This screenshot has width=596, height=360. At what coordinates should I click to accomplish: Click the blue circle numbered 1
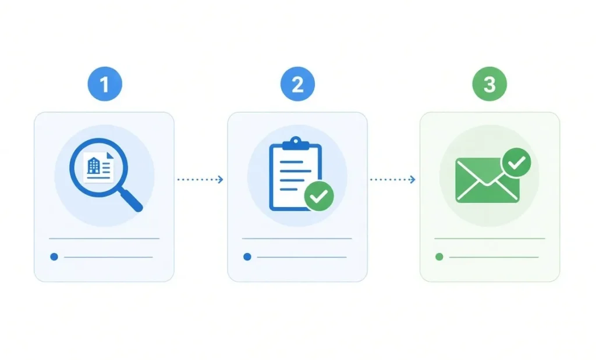105,84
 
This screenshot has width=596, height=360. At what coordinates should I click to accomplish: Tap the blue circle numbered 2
297,84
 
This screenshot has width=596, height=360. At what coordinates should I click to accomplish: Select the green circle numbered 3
489,84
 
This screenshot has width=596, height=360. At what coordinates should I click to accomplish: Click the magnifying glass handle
131,199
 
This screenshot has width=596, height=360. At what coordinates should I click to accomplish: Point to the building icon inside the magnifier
93,166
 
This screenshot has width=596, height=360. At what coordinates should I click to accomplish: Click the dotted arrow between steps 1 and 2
200,180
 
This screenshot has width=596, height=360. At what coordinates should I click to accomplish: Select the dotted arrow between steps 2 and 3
393,180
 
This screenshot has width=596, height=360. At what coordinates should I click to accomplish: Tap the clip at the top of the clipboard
296,143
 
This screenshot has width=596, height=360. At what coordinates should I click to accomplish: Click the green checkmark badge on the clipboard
320,196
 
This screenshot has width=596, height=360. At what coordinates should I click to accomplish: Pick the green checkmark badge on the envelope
517,162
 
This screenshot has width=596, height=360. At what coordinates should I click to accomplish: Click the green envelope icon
487,180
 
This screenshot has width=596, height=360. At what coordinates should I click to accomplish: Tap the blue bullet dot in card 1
54,256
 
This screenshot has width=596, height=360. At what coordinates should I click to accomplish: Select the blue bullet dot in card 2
247,256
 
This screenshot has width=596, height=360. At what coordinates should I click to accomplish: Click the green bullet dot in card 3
439,256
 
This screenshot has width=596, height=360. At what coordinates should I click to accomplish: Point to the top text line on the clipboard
292,162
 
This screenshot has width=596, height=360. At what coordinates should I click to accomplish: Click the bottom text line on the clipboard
289,189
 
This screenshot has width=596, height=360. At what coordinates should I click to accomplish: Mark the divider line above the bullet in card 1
104,238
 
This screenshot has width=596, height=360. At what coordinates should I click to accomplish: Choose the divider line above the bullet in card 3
489,238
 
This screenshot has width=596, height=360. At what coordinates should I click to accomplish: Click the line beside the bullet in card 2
302,257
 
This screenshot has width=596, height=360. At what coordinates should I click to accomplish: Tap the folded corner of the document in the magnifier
110,156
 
